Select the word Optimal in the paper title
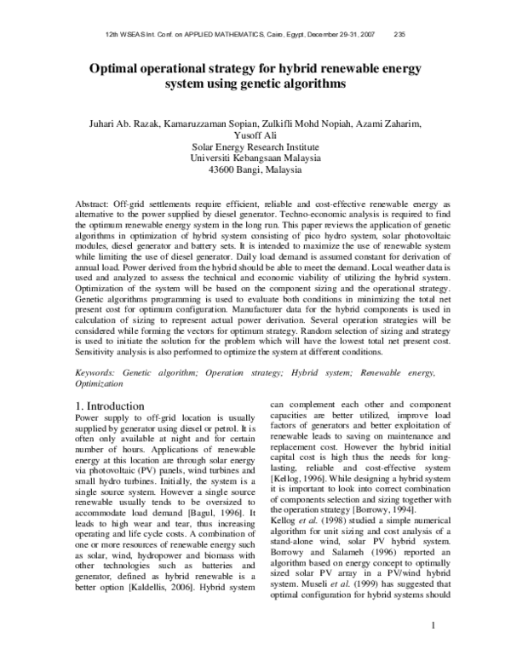(x=117, y=69)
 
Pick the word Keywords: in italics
(x=97, y=373)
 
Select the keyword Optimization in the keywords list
(x=105, y=385)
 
